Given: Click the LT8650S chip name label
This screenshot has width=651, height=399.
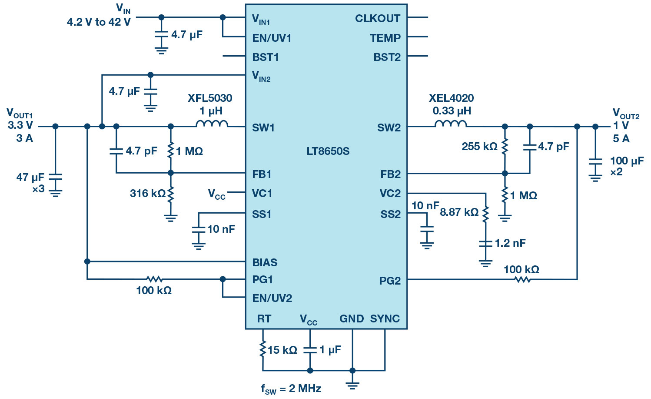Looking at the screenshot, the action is click(x=328, y=151).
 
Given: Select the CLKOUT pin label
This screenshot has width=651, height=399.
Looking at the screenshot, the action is click(x=378, y=19).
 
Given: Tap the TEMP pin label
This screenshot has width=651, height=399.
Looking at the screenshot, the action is click(x=385, y=38).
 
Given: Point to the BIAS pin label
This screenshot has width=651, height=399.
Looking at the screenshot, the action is click(x=265, y=262).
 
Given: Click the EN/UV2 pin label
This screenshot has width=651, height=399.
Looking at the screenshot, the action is click(x=272, y=298).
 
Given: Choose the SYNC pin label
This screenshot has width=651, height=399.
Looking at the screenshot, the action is click(x=385, y=319).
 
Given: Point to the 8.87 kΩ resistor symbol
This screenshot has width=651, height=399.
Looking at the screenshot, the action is click(x=485, y=214).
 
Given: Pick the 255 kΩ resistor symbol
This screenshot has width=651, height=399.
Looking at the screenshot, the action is click(x=505, y=146).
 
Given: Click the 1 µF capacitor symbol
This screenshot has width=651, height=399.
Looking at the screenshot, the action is click(x=310, y=350).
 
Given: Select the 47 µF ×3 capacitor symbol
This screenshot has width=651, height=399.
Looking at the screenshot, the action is click(x=55, y=177).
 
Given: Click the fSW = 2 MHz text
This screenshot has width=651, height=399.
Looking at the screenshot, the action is click(x=291, y=389).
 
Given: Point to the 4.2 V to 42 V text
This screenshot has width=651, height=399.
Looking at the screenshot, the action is click(x=99, y=22).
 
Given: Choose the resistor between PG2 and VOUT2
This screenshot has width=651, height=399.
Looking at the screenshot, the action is click(x=522, y=280).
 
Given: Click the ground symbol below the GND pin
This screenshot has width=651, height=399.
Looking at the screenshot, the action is click(x=352, y=386).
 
